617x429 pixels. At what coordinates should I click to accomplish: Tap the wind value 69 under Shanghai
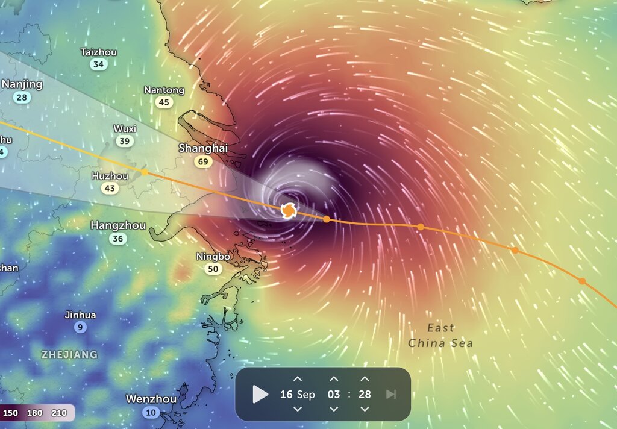click(203, 161)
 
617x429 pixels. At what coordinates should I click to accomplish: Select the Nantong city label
click(164, 90)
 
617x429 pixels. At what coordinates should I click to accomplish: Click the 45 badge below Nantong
click(164, 102)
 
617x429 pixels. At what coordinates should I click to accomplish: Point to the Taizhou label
click(98, 52)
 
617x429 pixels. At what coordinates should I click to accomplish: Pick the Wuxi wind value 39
click(125, 142)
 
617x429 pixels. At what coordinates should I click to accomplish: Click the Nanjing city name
click(22, 84)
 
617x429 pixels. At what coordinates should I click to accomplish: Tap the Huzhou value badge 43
click(110, 189)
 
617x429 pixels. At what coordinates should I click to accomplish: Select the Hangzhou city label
click(118, 225)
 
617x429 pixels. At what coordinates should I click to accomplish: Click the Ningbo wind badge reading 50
click(213, 269)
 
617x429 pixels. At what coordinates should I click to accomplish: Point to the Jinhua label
click(80, 315)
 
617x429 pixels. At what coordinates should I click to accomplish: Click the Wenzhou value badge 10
click(151, 412)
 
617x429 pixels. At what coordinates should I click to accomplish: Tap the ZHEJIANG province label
click(69, 354)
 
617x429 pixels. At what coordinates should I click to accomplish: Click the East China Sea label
click(440, 336)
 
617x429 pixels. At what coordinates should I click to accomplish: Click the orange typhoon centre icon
click(289, 211)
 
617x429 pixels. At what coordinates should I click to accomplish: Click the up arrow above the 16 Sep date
click(297, 379)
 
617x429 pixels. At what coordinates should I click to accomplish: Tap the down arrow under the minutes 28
click(365, 409)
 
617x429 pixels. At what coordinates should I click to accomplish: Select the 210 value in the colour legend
click(59, 413)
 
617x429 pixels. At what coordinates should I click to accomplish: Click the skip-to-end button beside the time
click(391, 395)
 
